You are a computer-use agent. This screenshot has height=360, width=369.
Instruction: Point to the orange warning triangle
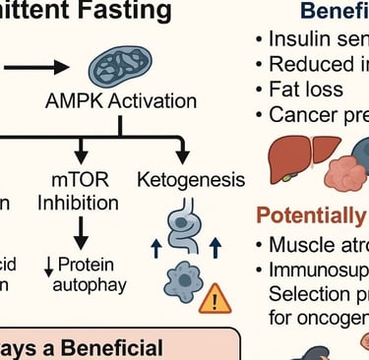(x=214, y=297)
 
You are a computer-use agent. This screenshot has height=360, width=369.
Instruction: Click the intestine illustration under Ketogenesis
(x=184, y=233)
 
